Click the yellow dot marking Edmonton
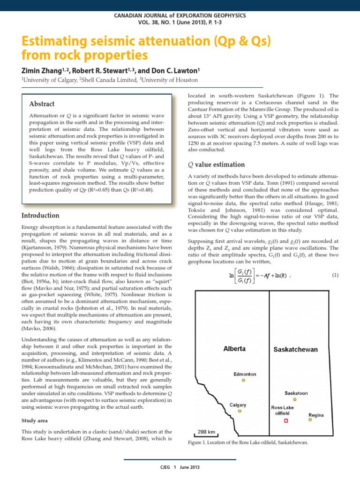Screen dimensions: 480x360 coord(244,381)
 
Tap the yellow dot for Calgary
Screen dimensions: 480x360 coord(240,411)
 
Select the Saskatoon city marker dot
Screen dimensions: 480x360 coord(294,399)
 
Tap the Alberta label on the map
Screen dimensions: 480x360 coord(234,349)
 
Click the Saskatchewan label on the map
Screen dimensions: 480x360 coord(295,350)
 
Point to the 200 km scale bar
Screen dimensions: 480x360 coord(206,434)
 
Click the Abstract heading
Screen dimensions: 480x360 coord(42,104)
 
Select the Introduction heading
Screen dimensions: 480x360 coord(41,216)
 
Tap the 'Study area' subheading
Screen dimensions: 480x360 coord(37,420)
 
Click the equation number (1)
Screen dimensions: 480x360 coord(334,275)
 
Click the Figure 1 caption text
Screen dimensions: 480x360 coord(247,442)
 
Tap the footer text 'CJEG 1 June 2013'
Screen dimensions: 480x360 coord(180,468)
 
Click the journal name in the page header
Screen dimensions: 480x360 coord(180,16)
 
